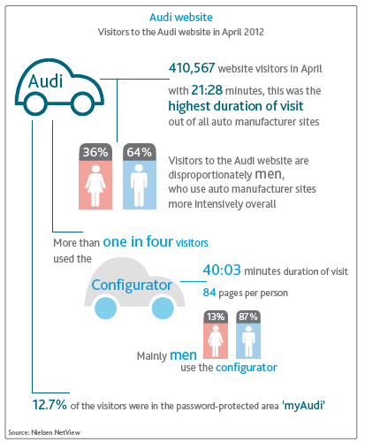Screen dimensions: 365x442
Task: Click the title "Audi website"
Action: [181, 18]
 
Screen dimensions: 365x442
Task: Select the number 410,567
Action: [192, 68]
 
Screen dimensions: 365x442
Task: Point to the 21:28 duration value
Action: [207, 90]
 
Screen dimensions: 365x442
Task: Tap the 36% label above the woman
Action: [95, 152]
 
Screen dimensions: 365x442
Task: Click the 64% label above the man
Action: [139, 152]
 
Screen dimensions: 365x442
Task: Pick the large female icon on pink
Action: [95, 186]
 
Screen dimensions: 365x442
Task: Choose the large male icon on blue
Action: [139, 186]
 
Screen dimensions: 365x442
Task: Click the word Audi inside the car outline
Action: [46, 81]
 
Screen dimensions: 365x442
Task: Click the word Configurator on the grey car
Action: [132, 285]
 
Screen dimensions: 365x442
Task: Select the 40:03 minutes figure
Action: [222, 270]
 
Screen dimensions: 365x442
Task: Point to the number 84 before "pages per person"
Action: [209, 293]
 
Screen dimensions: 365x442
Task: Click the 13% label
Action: [216, 316]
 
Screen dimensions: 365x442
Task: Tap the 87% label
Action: [248, 316]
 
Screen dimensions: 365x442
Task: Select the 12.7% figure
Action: [49, 405]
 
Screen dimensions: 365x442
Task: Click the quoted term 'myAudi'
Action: [304, 406]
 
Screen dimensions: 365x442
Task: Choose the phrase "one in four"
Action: [138, 241]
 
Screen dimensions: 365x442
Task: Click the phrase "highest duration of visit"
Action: [236, 106]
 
